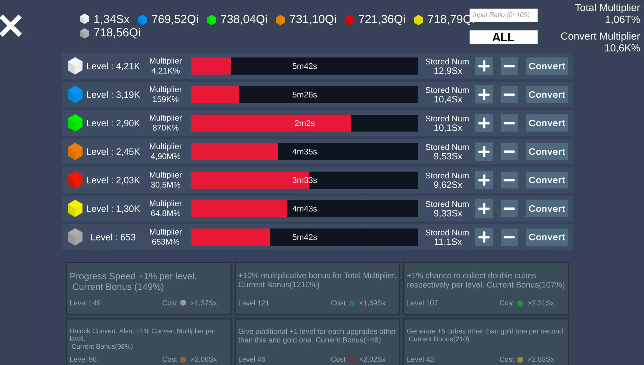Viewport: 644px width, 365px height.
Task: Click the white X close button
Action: coord(11,25)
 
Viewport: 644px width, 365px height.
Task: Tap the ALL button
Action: coord(503,37)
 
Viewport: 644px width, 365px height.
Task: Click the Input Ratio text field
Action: coord(503,15)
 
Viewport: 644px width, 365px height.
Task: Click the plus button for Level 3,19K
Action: coord(484,95)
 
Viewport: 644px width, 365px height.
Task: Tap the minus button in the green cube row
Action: coord(509,123)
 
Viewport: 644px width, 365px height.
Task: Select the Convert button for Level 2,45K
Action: coord(546,152)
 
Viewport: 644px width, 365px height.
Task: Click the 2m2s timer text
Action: coord(304,123)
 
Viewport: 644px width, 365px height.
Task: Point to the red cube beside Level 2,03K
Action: coord(75,180)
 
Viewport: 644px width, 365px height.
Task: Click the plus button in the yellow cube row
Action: coord(484,208)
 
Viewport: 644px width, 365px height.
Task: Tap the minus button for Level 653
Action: coord(509,237)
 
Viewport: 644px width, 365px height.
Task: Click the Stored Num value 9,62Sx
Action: coord(448,185)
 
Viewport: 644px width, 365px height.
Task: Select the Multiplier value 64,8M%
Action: coord(165,213)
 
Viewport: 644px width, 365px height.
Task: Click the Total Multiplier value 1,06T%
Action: coord(622,19)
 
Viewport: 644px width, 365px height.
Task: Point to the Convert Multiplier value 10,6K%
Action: coord(622,48)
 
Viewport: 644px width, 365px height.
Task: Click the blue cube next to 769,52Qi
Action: coord(142,20)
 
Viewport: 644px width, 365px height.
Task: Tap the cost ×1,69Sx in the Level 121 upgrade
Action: coord(372,303)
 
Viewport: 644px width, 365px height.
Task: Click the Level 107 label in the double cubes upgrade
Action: coord(422,303)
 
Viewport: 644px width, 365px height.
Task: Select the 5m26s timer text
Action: coord(304,95)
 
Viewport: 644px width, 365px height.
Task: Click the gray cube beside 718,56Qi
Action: coord(84,33)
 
